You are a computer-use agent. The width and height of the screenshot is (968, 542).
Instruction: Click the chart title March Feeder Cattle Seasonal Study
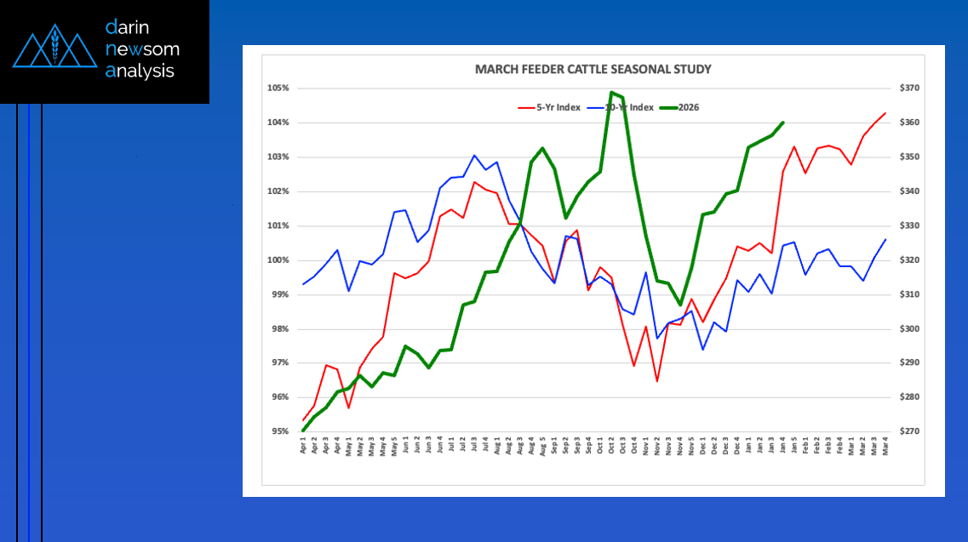point(593,69)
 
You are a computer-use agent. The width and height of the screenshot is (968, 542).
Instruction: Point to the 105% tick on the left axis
point(279,88)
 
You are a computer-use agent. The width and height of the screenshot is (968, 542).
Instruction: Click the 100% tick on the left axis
point(279,260)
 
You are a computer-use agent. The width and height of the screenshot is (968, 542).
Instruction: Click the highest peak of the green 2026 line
point(612,92)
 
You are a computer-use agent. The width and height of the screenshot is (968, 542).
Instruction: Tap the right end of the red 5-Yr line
point(885,113)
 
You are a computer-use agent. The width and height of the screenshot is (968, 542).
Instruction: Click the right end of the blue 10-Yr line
point(885,239)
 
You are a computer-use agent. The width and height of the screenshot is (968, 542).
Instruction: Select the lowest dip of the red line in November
point(657,380)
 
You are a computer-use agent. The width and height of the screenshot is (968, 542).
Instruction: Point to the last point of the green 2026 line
point(782,123)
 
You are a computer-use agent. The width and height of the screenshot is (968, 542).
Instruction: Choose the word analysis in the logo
point(140,71)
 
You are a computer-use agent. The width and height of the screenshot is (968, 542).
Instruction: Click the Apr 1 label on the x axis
point(303,447)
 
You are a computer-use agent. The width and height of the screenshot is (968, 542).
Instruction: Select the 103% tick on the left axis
point(279,157)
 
